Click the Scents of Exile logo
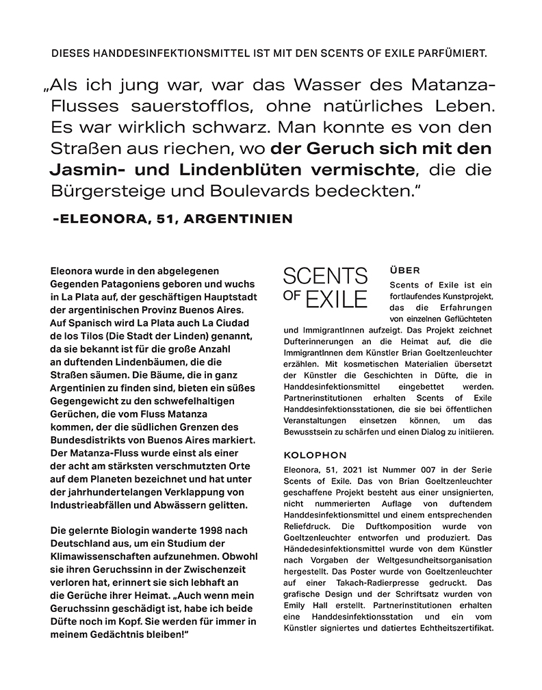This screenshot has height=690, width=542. click(x=325, y=287)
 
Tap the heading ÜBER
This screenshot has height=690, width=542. click(x=404, y=270)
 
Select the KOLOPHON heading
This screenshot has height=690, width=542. click(x=315, y=455)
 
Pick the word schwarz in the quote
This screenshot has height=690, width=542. click(x=203, y=127)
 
